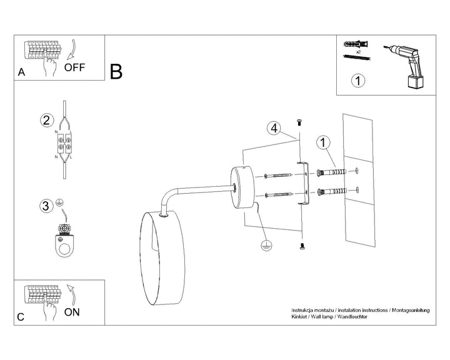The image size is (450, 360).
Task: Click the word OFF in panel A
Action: click(74, 67)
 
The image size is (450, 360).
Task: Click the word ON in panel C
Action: click(72, 312)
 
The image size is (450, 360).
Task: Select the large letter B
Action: click(116, 72)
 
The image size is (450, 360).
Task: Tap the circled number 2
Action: click(46, 120)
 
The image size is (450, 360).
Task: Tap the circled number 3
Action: click(46, 206)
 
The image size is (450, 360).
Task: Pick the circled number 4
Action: click(274, 128)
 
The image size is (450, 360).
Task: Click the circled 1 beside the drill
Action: click(358, 81)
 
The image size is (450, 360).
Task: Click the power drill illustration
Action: click(405, 66)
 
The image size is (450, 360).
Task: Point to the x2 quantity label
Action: click(358, 52)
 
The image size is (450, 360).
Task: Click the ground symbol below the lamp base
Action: click(266, 246)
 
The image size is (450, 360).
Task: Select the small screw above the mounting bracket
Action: click(299, 122)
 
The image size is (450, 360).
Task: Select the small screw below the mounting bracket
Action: click(302, 246)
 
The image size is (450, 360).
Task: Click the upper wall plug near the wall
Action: click(331, 172)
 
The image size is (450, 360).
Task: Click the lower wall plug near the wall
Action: click(332, 191)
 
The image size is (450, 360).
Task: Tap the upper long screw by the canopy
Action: click(278, 175)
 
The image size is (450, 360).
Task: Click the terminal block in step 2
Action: click(64, 144)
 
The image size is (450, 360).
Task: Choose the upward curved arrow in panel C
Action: click(72, 295)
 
